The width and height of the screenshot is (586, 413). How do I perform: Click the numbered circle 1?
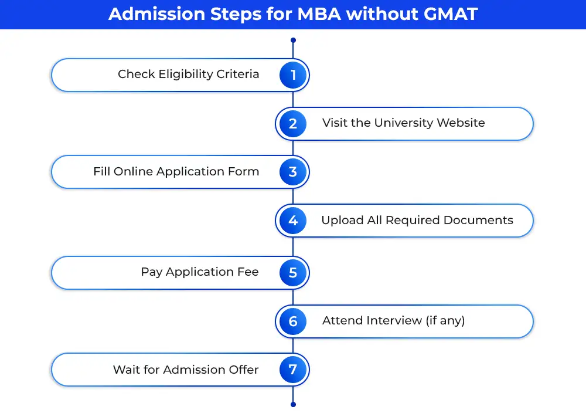coord(293,75)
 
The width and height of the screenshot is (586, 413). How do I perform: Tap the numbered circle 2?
coord(293,123)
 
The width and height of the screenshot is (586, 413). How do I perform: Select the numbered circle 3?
coord(293,172)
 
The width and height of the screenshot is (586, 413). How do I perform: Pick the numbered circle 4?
coord(293,221)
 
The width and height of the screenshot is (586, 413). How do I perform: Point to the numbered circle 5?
coord(293,273)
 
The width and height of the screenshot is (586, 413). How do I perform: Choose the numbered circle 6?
coord(293,321)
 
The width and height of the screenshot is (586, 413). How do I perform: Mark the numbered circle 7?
coord(293,370)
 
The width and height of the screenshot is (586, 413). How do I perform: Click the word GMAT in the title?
coord(451,14)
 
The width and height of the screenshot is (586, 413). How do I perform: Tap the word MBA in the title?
coord(319,14)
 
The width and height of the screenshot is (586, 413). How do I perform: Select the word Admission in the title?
coord(157,14)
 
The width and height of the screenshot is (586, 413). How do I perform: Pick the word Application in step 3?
coord(186,172)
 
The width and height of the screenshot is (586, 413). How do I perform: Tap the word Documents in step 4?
coord(478,220)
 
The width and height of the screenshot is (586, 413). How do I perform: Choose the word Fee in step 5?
coord(248,272)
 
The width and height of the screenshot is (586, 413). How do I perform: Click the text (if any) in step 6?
coord(445,320)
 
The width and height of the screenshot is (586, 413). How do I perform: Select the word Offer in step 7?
coord(244,370)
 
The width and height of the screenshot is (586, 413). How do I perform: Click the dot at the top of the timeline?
coord(293,40)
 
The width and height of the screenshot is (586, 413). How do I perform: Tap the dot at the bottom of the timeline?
coord(293,404)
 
